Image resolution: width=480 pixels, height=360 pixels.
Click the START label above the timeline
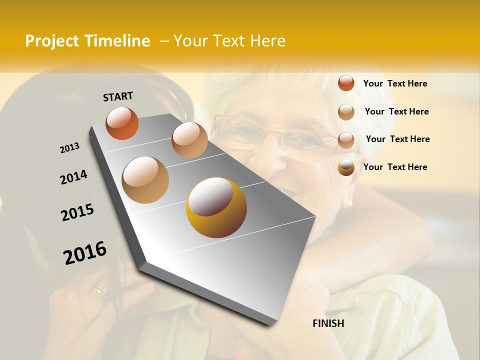(x=118, y=96)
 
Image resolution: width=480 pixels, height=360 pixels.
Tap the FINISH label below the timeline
(x=328, y=323)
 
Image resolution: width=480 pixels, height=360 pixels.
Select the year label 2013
(x=69, y=148)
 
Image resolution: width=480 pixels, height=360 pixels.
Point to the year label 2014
(x=73, y=177)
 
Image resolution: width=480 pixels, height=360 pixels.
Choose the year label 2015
(x=77, y=212)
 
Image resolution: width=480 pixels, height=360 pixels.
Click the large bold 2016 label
(x=85, y=252)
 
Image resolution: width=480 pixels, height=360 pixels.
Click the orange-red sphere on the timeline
(x=122, y=123)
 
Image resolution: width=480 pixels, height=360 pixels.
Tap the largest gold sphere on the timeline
(x=216, y=207)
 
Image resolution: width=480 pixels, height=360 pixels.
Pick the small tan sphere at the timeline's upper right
(x=189, y=140)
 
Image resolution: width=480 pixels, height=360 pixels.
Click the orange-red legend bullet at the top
(x=346, y=83)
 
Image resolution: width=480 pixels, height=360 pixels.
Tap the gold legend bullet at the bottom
(x=346, y=167)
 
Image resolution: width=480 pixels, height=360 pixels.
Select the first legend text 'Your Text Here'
(x=395, y=83)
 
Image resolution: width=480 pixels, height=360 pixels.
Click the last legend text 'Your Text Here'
(x=395, y=167)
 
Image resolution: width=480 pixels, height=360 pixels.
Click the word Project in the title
(x=52, y=41)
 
